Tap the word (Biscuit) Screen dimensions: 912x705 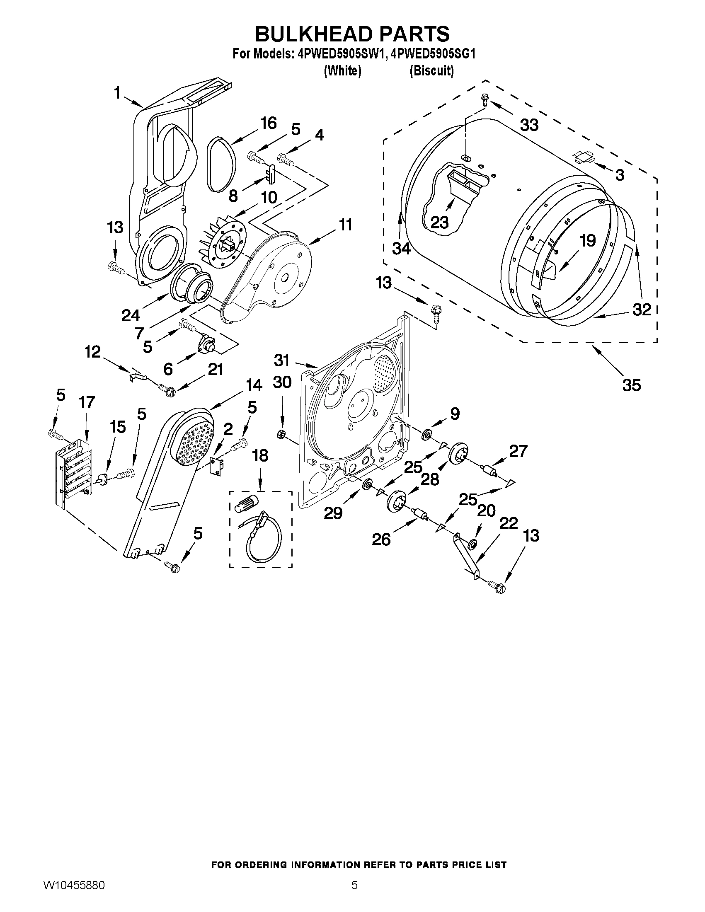[431, 71]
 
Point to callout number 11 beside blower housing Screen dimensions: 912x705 [345, 225]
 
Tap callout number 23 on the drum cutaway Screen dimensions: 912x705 [439, 222]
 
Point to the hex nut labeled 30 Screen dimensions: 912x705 [281, 435]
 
